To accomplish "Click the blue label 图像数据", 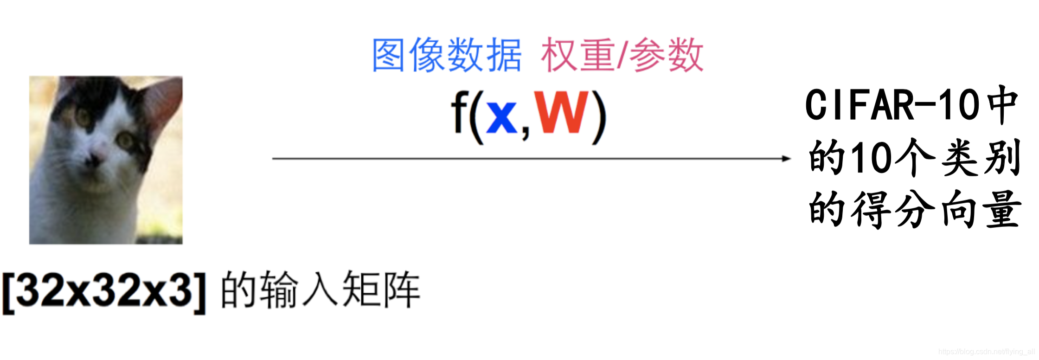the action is tap(447, 55).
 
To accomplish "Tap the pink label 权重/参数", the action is tap(622, 55).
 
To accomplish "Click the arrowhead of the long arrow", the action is tap(786, 159).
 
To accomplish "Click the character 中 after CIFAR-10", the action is tap(1002, 105).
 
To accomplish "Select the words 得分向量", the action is tap(937, 209).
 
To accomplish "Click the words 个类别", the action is tap(957, 158).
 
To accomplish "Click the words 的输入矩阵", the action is tap(320, 290).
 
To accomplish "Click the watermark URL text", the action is tap(986, 352).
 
